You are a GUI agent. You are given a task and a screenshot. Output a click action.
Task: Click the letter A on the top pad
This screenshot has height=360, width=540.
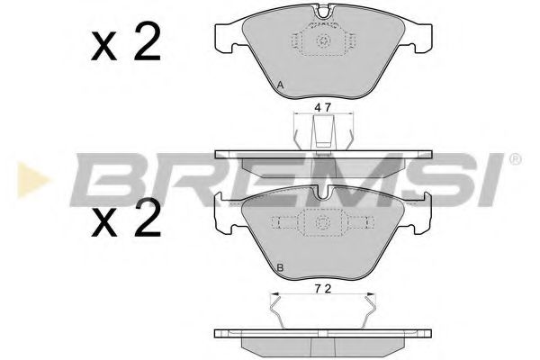point(281,85)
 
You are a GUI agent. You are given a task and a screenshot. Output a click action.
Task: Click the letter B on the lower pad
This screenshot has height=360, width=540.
point(281,268)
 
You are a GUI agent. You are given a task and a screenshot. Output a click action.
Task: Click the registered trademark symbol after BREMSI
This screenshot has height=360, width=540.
point(514,160)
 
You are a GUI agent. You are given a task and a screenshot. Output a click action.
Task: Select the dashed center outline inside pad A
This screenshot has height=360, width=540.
point(320,45)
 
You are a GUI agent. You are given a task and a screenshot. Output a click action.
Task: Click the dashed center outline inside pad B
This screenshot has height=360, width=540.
point(320,226)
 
